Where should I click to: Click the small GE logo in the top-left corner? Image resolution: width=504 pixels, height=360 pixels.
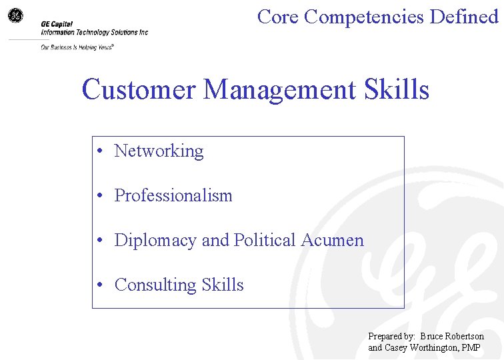point(15,15)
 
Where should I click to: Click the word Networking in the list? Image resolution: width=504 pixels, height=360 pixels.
point(159,151)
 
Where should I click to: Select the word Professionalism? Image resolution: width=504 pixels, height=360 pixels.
point(173,196)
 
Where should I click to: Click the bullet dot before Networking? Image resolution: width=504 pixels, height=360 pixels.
point(98,152)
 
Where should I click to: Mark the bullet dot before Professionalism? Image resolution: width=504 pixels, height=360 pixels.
point(98,197)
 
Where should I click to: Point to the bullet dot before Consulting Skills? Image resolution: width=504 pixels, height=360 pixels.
point(98,286)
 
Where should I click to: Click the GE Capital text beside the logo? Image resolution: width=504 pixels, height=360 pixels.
point(57,24)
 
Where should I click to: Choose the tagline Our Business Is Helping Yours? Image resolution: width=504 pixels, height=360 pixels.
point(77,47)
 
